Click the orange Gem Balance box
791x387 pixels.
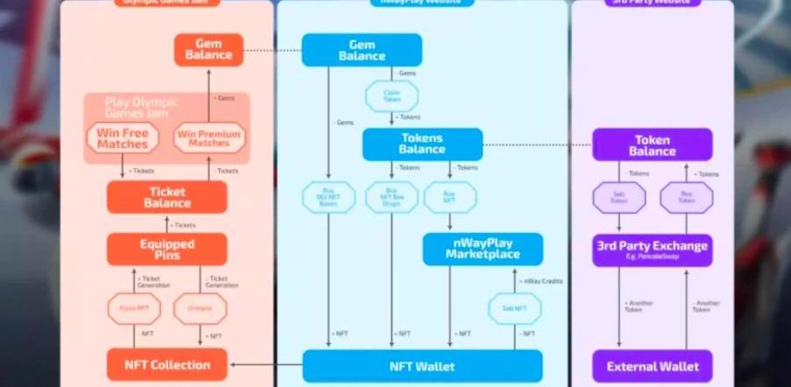pyautogui.click(x=209, y=49)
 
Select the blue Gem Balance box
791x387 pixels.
pyautogui.click(x=362, y=50)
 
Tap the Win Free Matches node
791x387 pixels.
pyautogui.click(x=122, y=137)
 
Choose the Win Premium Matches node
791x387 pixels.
pyautogui.click(x=208, y=137)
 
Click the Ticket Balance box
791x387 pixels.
pyautogui.click(x=167, y=197)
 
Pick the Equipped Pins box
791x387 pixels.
pyautogui.click(x=167, y=250)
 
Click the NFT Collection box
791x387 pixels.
pyautogui.click(x=166, y=364)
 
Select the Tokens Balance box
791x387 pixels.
pyautogui.click(x=422, y=144)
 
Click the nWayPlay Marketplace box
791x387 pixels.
pyautogui.click(x=482, y=249)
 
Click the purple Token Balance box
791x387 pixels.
pyautogui.click(x=652, y=144)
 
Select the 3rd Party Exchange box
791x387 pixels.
pyautogui.click(x=652, y=250)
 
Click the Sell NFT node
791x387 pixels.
pyautogui.click(x=514, y=308)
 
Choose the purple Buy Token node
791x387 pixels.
pyautogui.click(x=686, y=197)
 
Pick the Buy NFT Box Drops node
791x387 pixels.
pyautogui.click(x=392, y=197)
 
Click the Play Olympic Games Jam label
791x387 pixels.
pyautogui.click(x=142, y=107)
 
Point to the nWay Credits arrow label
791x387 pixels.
pyautogui.click(x=542, y=281)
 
